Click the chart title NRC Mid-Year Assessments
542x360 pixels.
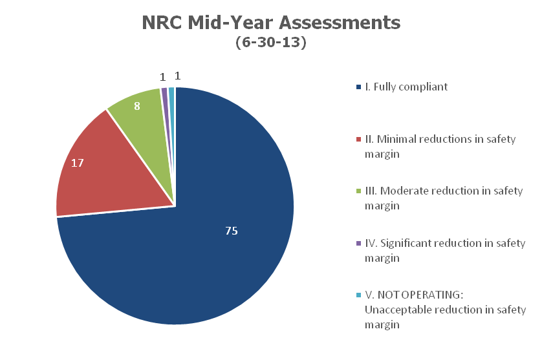pos(271,23)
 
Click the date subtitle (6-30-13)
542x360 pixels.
pos(271,45)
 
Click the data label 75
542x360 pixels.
pos(231,231)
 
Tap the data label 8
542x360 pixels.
pos(138,105)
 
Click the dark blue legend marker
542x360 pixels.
pos(359,87)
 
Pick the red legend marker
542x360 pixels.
pos(359,139)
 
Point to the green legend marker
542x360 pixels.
pos(359,191)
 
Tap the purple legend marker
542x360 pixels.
pos(359,244)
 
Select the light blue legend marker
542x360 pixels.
pos(359,295)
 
